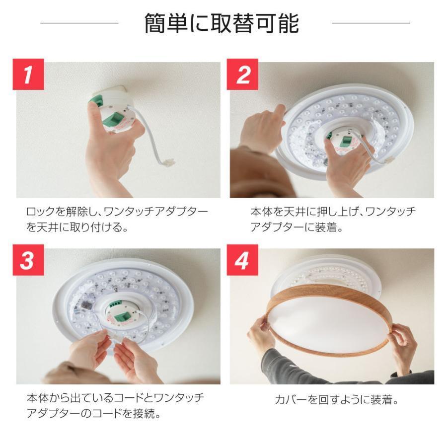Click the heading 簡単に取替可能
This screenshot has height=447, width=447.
(x=222, y=23)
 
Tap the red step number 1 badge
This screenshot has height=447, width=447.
(x=28, y=74)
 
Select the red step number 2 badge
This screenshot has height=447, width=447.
(x=242, y=74)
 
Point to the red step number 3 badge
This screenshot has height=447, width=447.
(x=28, y=260)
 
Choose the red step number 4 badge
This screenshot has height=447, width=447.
(x=242, y=260)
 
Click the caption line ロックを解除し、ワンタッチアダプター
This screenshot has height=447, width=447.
(x=117, y=212)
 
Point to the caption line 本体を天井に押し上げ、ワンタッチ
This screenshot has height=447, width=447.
(x=333, y=212)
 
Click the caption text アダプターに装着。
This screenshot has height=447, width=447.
(x=297, y=227)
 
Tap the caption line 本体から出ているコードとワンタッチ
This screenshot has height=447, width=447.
(x=115, y=398)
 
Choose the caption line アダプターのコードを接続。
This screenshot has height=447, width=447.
(x=93, y=413)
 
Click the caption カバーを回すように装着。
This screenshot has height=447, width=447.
(x=337, y=399)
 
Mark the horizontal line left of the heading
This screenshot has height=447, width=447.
(x=79, y=23)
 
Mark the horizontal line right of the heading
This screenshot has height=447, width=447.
(x=371, y=23)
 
